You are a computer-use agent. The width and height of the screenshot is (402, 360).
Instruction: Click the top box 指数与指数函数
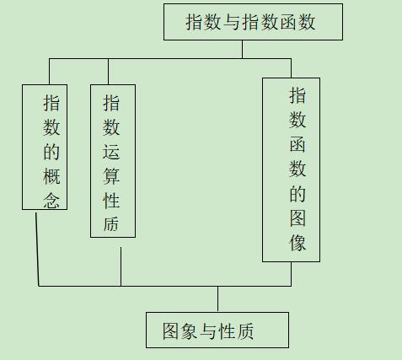tap(253, 22)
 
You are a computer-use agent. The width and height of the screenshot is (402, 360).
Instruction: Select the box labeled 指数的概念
tap(45, 147)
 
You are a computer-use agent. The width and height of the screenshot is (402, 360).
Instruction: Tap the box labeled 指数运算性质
tap(113, 161)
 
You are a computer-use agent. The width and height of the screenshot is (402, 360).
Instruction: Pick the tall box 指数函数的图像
tap(291, 169)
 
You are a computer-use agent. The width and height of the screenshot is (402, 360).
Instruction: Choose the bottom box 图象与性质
tap(217, 330)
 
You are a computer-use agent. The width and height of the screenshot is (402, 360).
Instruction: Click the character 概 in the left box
tap(51, 176)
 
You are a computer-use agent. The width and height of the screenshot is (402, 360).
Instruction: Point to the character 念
tap(51, 201)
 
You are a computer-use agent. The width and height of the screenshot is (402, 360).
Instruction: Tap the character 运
tap(111, 152)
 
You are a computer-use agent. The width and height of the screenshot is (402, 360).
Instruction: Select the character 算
tap(111, 176)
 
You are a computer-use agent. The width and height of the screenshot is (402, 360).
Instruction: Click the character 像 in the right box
tap(297, 242)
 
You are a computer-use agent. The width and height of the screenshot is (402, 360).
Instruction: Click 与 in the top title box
tap(232, 22)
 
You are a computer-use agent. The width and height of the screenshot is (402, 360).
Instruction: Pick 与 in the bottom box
tap(208, 331)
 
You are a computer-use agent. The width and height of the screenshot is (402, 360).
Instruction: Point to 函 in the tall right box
tap(297, 144)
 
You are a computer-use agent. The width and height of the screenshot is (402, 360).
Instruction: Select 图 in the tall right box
tap(297, 218)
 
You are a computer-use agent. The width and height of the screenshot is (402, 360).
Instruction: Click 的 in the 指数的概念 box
tap(51, 152)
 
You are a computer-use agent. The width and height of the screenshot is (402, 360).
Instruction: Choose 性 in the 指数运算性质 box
tap(111, 201)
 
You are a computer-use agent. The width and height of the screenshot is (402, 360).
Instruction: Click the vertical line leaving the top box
tap(242, 49)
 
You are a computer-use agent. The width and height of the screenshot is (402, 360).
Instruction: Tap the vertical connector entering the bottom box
tap(217, 299)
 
